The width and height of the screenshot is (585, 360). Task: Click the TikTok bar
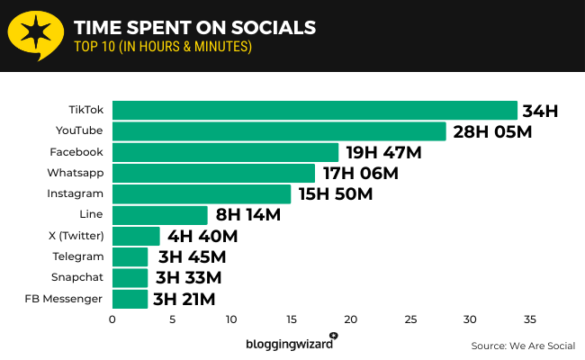315,111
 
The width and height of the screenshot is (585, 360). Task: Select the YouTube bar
279,131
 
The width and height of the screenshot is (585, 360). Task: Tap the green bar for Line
160,215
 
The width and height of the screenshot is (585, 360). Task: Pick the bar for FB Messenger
130,299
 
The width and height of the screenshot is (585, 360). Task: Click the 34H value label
541,112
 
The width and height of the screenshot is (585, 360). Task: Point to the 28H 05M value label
491,132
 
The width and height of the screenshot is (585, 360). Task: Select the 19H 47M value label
384,153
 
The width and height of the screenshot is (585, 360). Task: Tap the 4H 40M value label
202,237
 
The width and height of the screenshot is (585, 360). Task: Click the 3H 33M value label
188,278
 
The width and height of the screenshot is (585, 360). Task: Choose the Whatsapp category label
76,173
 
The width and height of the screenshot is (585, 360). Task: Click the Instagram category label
75,193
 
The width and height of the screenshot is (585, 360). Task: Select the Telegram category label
77,256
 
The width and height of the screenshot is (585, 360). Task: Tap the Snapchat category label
77,277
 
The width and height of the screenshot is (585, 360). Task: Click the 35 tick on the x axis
529,319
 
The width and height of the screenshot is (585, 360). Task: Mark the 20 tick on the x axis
350,319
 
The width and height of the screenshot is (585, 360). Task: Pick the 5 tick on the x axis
172,319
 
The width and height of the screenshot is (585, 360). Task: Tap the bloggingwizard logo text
291,344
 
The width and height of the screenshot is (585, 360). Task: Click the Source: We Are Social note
522,346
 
